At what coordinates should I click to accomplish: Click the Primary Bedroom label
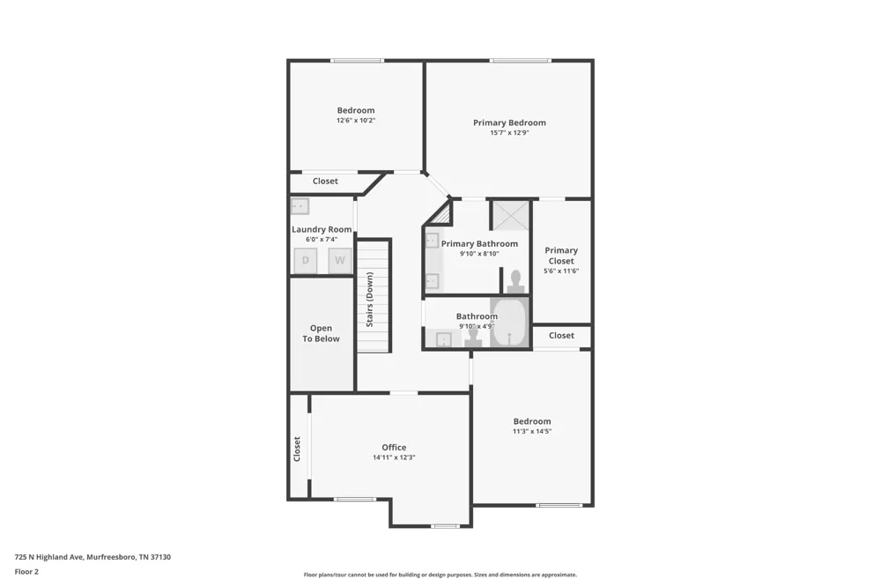point(509,123)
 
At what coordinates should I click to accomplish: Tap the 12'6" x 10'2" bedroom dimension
point(356,121)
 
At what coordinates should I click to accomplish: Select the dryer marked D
point(306,260)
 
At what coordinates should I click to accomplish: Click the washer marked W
point(340,260)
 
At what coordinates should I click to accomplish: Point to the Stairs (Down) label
point(370,299)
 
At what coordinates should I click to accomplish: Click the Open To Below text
point(321,333)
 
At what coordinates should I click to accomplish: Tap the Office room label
point(394,448)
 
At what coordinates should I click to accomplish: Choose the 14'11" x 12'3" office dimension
point(394,457)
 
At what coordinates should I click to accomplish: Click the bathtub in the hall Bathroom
point(509,323)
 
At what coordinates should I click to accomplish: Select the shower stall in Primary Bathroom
point(511,215)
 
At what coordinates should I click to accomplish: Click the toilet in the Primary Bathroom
point(515,281)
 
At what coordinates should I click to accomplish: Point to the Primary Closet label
point(560,256)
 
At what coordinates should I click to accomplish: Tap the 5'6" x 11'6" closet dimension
point(560,271)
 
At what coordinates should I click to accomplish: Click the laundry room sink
point(300,206)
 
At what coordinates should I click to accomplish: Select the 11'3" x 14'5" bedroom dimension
point(532,432)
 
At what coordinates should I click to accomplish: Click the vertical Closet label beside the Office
point(297,450)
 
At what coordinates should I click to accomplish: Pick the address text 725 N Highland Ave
point(49,557)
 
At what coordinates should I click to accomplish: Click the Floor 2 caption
point(26,572)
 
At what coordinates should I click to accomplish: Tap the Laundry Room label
point(322,229)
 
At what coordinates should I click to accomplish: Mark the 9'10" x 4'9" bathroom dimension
point(477,326)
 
